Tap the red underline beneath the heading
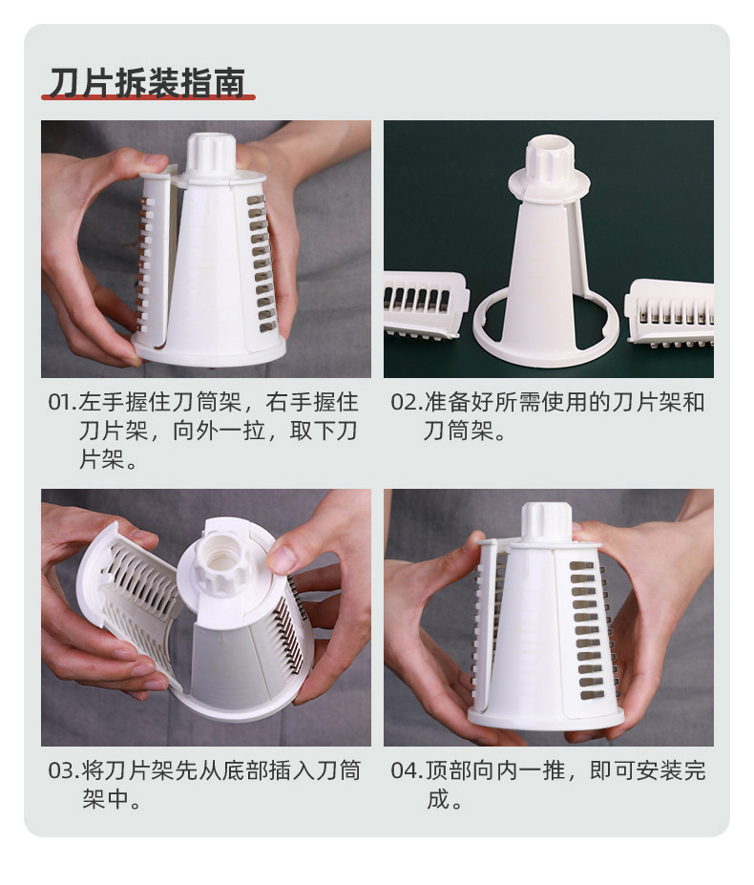pos(148,97)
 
